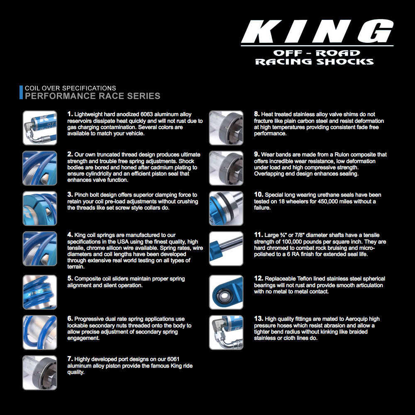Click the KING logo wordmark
317,32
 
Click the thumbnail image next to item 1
40,127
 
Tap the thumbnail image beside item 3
40,208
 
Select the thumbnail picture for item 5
40,292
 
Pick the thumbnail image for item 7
40,372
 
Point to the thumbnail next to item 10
226,208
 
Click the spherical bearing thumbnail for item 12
226,292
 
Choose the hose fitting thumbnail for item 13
226,332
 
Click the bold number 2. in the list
70,154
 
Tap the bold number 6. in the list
70,318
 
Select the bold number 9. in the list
257,154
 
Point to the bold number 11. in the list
259,235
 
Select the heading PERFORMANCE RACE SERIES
93,96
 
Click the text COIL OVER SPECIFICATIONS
71,88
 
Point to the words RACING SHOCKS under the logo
314,62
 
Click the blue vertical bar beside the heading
21,93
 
